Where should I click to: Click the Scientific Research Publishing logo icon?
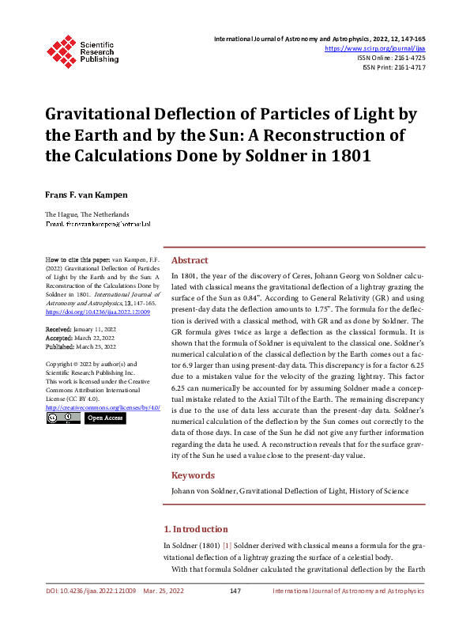[x=60, y=49]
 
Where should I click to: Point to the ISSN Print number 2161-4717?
[x=407, y=68]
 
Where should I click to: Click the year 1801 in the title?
[x=350, y=155]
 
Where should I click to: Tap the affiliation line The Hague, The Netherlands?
[x=87, y=215]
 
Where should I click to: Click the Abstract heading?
[x=190, y=260]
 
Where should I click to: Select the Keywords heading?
[x=193, y=475]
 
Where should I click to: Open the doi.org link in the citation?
[x=98, y=312]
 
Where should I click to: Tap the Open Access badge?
[x=104, y=418]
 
